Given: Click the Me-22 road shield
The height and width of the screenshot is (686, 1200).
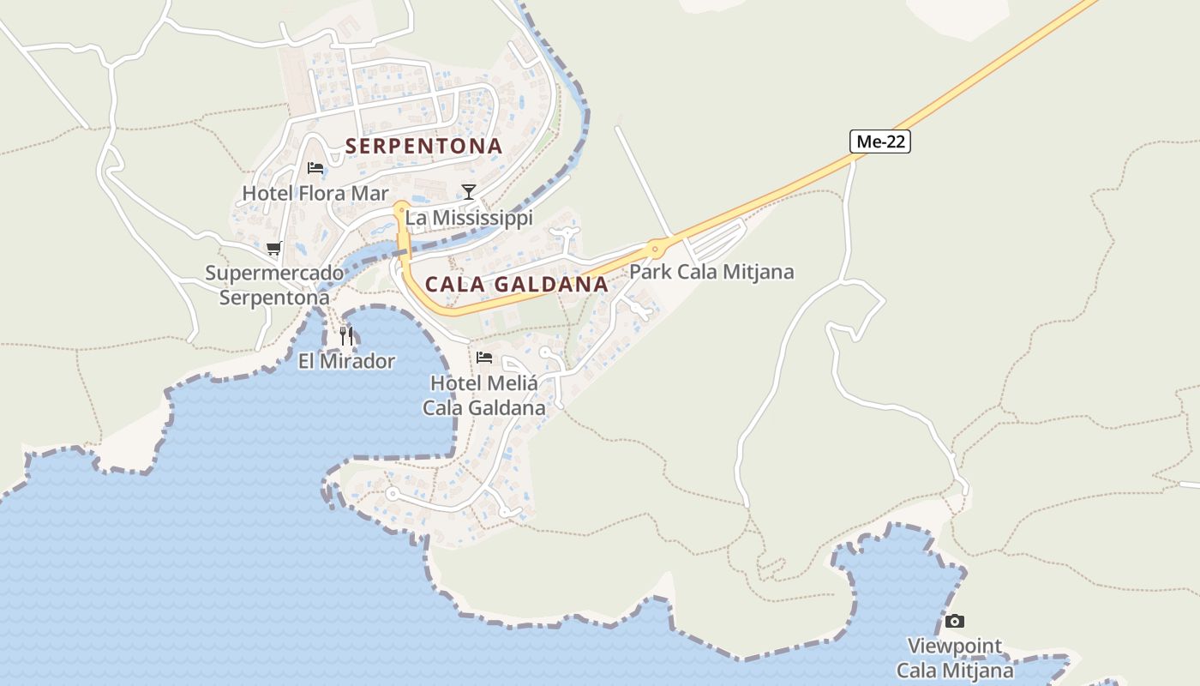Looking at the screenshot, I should (880, 142).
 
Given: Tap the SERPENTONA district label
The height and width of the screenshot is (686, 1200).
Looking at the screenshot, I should (423, 146).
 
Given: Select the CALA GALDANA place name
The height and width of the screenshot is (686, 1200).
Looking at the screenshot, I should (516, 284).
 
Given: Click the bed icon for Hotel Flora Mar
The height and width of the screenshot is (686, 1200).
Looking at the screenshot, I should (315, 167).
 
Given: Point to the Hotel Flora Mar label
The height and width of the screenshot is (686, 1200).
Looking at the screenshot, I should (315, 193).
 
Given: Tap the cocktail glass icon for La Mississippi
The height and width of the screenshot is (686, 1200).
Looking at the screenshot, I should (468, 191).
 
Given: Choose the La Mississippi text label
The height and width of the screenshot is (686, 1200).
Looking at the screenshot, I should (469, 218).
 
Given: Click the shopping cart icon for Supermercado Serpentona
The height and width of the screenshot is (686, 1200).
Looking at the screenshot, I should (274, 249).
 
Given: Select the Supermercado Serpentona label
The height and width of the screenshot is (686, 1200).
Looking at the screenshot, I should (274, 286).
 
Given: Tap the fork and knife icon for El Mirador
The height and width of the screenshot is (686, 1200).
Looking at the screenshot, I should (346, 335).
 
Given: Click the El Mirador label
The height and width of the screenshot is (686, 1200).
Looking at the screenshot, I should (346, 361).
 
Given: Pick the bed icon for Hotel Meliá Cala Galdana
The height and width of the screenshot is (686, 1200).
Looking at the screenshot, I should (484, 357).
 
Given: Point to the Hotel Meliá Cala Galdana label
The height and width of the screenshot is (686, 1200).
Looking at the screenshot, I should (484, 395).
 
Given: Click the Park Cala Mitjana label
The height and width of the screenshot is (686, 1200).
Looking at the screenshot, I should (711, 272).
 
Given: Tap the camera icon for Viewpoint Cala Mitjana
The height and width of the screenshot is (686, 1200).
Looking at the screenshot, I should (954, 621).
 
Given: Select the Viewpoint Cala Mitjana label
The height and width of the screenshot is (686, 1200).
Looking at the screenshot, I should (954, 658).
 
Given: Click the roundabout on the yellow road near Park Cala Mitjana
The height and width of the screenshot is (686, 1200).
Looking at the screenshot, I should (657, 249).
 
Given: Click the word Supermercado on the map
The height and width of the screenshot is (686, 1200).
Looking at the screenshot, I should (274, 274).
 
